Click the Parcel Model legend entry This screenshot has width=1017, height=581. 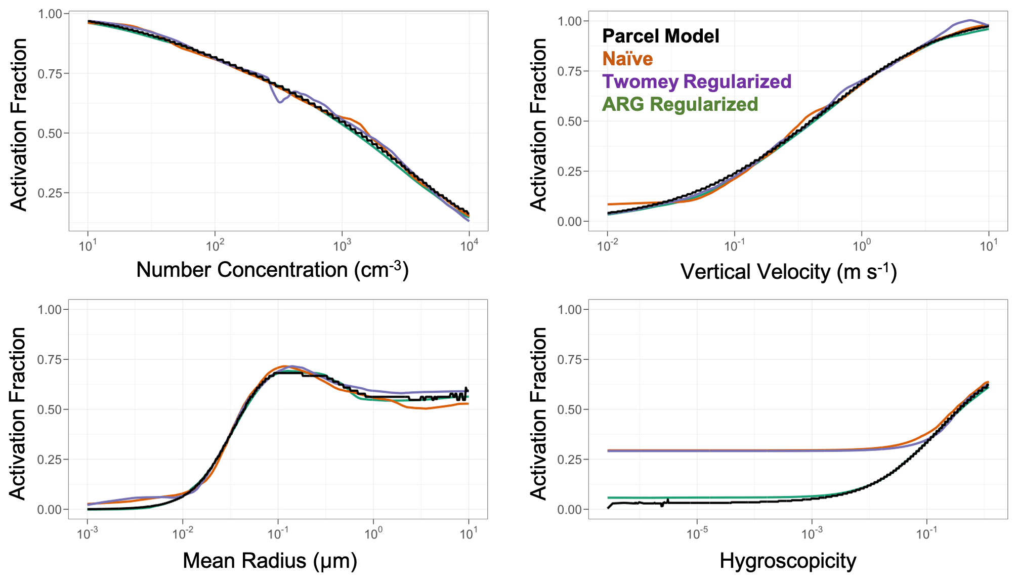coord(660,36)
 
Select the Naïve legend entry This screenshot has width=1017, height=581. coord(627,59)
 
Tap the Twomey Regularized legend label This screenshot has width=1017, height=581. coord(697,81)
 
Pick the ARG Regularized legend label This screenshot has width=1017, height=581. coord(680,104)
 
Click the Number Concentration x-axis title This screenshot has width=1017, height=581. coord(272,269)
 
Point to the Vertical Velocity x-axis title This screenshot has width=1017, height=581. coord(788,272)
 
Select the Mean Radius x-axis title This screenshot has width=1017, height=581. coord(270,560)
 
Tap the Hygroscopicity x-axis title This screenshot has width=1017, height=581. coord(788,561)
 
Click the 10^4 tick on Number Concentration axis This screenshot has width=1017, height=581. coord(469,246)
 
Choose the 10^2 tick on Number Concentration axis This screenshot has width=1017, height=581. coord(215,246)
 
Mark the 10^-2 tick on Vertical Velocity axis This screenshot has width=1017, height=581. coord(607,246)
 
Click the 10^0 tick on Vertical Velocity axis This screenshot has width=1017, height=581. coord(862,246)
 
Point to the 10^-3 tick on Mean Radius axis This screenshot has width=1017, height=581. coord(87,534)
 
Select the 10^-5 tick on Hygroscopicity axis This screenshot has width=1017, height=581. coord(697,534)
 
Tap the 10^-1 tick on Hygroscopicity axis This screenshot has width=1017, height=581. coord(926,534)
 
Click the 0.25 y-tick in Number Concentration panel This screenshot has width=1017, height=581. coord(53,193)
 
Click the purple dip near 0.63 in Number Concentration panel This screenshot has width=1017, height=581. coord(279,102)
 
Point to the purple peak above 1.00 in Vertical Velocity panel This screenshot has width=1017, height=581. coord(970,20)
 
